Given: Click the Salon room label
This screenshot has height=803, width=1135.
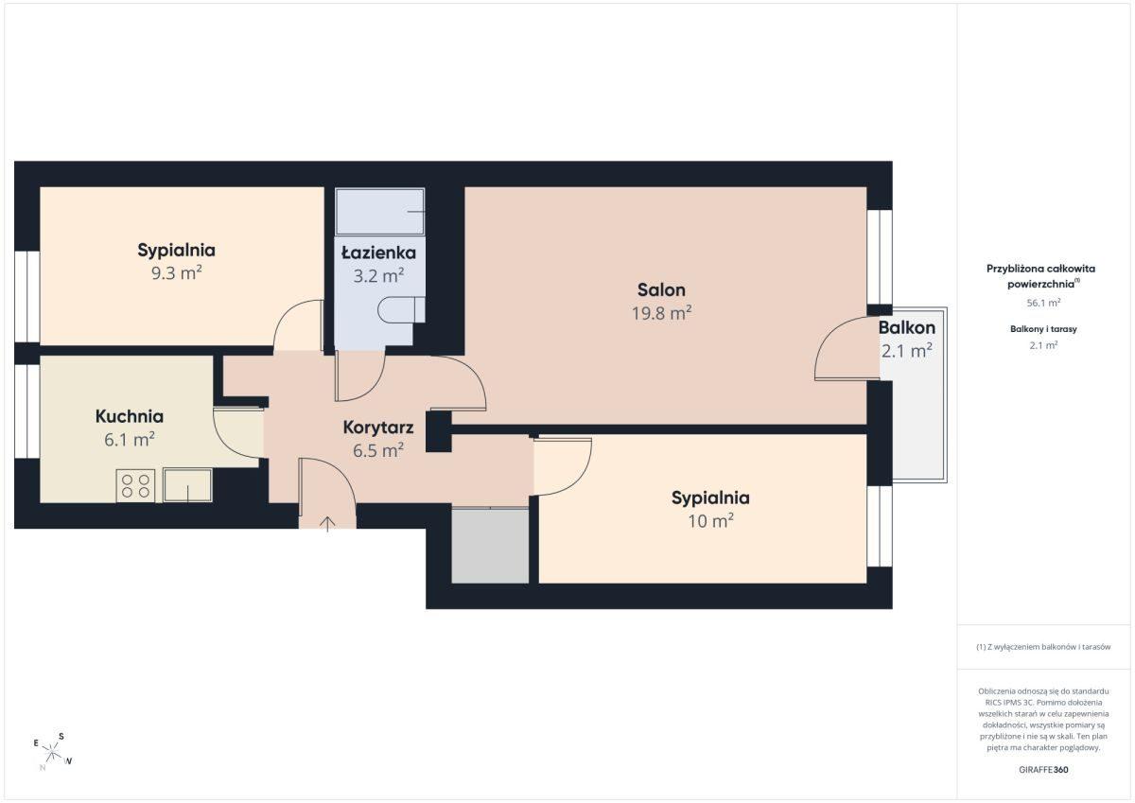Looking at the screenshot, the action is (x=661, y=289).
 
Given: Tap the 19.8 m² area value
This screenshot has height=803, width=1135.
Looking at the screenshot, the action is (x=661, y=313).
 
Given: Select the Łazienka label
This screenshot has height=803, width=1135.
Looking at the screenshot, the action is (x=378, y=252).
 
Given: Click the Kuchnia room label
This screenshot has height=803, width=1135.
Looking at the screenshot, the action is (x=130, y=416).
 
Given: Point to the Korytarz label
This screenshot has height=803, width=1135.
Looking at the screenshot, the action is (x=378, y=428).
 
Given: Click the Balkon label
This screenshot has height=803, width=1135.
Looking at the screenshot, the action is (x=906, y=327).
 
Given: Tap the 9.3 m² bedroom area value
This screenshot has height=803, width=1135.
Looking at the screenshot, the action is (x=176, y=273).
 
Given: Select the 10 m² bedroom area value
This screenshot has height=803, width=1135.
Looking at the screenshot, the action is (x=710, y=521).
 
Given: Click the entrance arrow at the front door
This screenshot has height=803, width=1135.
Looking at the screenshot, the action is (x=327, y=524).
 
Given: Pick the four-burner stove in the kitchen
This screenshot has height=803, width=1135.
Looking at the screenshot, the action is (x=135, y=485).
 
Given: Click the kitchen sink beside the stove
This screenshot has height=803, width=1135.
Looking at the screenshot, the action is (x=187, y=485).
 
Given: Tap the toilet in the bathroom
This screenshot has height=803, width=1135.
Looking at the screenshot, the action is (x=401, y=309).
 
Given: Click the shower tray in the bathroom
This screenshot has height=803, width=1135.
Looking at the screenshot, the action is (x=379, y=212).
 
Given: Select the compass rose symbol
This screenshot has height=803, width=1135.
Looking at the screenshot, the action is (x=53, y=752).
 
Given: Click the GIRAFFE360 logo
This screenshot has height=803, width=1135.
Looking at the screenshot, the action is (x=1043, y=770).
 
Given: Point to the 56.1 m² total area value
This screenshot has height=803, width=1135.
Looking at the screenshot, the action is (x=1043, y=303).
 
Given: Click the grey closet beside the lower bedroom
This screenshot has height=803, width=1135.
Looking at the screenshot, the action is (x=490, y=546).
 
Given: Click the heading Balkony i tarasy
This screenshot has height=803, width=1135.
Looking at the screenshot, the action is (x=1043, y=329).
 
